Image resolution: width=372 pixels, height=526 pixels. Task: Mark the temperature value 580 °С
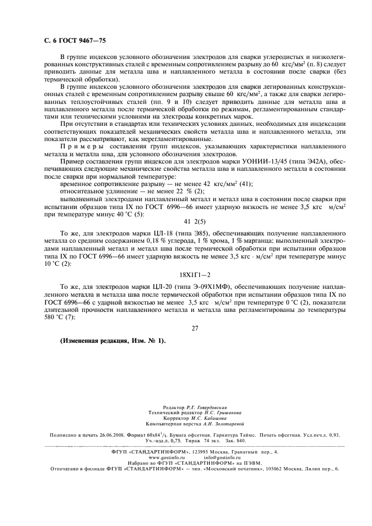coord(72,316)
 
